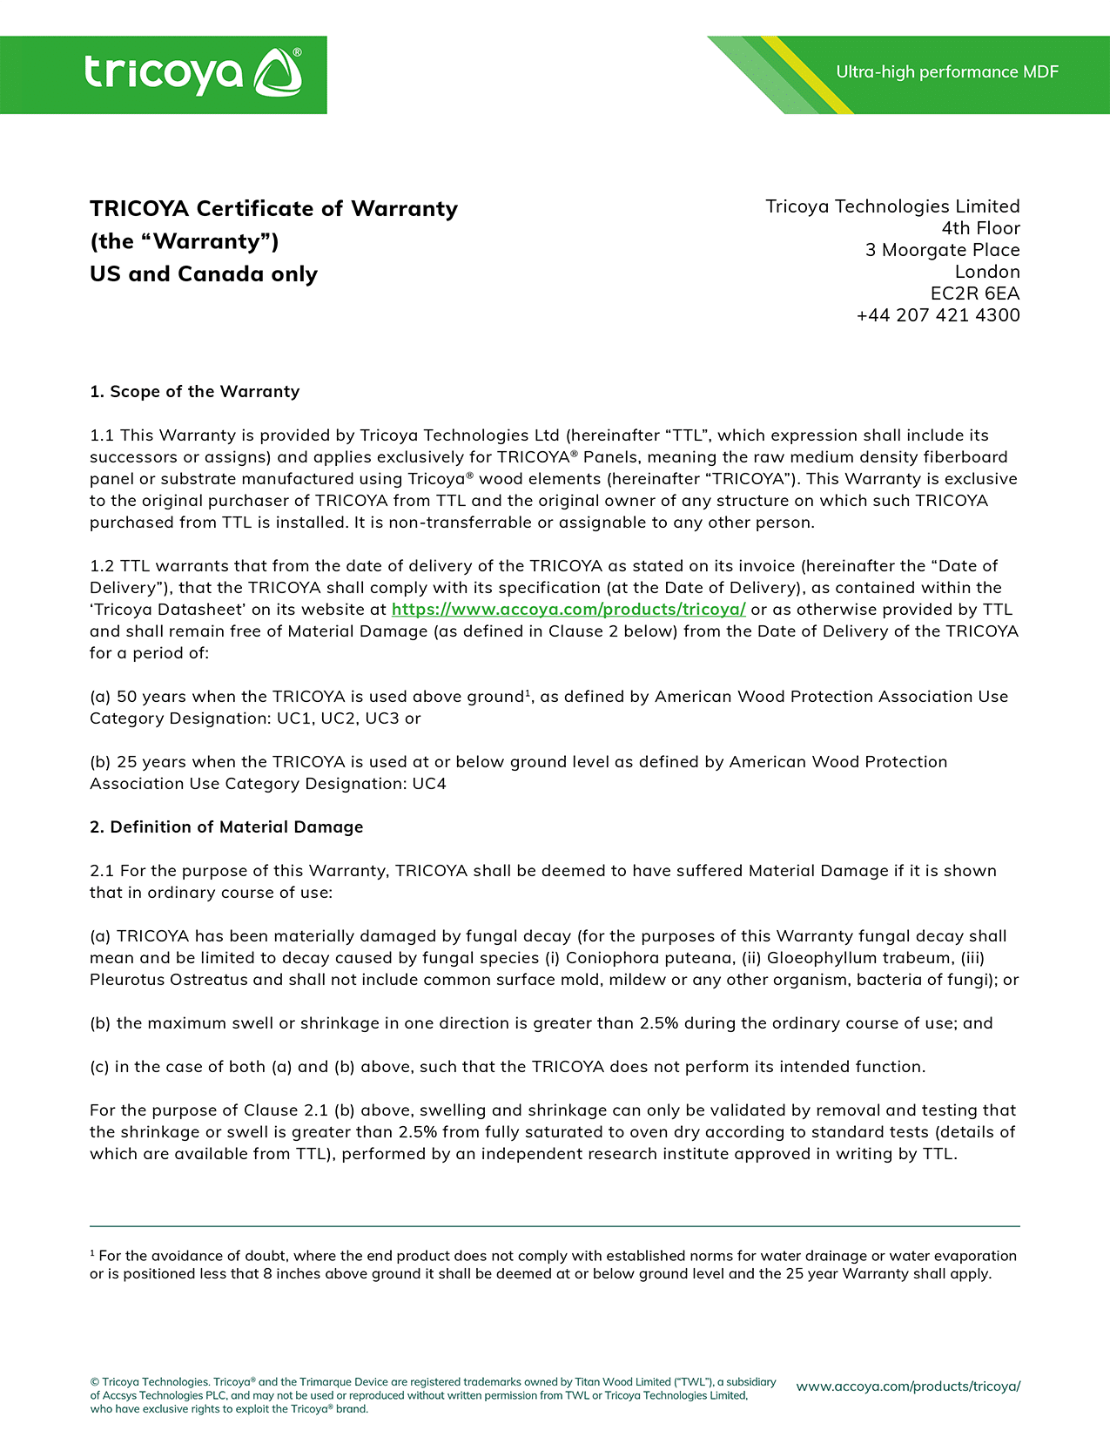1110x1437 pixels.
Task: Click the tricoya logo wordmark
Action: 164,74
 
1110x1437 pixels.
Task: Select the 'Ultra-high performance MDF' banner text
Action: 947,72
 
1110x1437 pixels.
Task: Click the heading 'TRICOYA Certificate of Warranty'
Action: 273,209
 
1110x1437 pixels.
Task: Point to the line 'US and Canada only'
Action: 204,274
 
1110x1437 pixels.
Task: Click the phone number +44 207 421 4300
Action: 938,315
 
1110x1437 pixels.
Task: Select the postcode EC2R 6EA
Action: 975,293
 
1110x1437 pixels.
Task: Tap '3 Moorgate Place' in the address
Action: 942,250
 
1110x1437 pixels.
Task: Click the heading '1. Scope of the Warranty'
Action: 194,392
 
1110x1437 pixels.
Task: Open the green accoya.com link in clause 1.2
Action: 568,610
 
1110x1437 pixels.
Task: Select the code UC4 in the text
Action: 429,784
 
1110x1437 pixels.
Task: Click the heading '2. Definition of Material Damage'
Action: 226,827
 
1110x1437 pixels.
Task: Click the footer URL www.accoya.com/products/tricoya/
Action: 908,1386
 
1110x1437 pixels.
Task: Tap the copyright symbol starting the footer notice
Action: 94,1382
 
